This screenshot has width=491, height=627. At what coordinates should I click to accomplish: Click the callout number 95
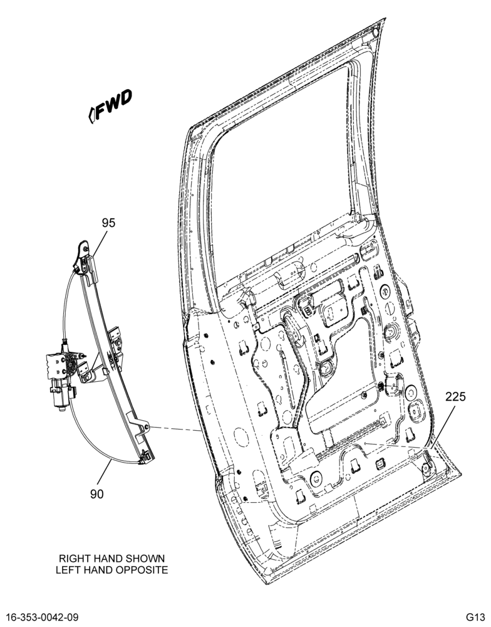coord(108,223)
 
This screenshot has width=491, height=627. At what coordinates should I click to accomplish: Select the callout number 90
coord(96,494)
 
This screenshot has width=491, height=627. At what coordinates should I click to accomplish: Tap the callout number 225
coord(456,396)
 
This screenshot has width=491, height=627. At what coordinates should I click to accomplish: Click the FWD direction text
coord(114,104)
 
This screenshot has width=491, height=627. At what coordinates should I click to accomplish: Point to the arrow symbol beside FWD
coord(91,115)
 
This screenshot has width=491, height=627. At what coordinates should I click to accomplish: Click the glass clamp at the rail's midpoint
coord(116,343)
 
